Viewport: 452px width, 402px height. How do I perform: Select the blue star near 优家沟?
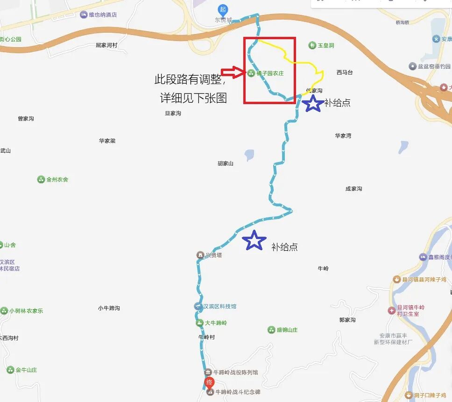click(x=313, y=103)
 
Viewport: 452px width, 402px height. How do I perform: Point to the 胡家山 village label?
click(x=226, y=163)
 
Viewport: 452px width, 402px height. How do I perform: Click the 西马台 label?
click(x=345, y=72)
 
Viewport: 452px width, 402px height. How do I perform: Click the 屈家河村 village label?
click(x=106, y=45)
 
